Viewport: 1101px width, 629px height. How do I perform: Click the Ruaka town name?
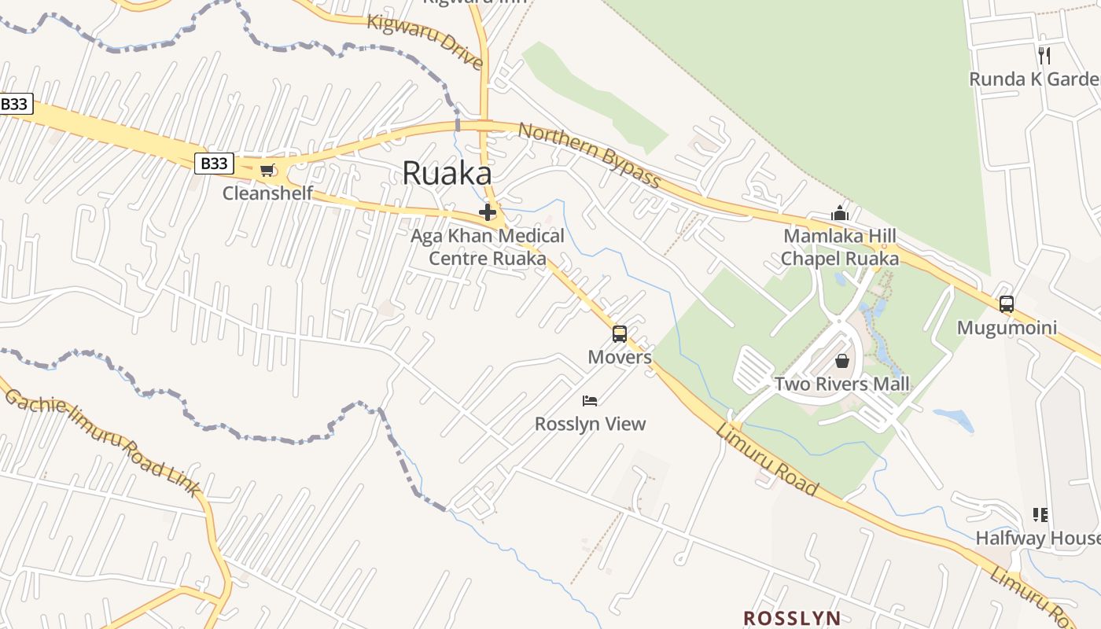pyautogui.click(x=447, y=174)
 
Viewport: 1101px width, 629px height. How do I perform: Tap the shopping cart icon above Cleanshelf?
pyautogui.click(x=267, y=170)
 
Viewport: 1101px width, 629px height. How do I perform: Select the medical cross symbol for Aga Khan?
pyautogui.click(x=488, y=212)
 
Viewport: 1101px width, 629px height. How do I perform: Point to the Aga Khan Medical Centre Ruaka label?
pyautogui.click(x=488, y=247)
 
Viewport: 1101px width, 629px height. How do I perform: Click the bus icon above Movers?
pyautogui.click(x=620, y=334)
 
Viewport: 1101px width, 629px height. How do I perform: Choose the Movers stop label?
pyautogui.click(x=620, y=357)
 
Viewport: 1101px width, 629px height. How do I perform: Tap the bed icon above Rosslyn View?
pyautogui.click(x=590, y=401)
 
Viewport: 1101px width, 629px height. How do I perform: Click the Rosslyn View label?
pyautogui.click(x=590, y=424)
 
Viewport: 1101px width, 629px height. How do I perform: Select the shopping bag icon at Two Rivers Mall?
pyautogui.click(x=842, y=361)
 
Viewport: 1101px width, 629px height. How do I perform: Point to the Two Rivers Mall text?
pyautogui.click(x=841, y=384)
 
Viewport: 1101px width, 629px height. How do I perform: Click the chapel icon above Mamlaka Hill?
pyautogui.click(x=840, y=213)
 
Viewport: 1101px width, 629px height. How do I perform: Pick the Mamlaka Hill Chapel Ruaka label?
pyautogui.click(x=839, y=247)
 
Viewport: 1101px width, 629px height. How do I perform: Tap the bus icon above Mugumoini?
pyautogui.click(x=1007, y=304)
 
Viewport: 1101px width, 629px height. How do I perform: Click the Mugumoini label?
pyautogui.click(x=1007, y=327)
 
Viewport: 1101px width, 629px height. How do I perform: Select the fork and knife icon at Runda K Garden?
pyautogui.click(x=1044, y=55)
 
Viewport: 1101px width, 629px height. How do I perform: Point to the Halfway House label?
pyautogui.click(x=1037, y=538)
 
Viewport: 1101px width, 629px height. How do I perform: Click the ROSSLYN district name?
pyautogui.click(x=792, y=618)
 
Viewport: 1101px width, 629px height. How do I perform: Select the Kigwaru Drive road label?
pyautogui.click(x=425, y=40)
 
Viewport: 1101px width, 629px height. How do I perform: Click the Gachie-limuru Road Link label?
pyautogui.click(x=102, y=441)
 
